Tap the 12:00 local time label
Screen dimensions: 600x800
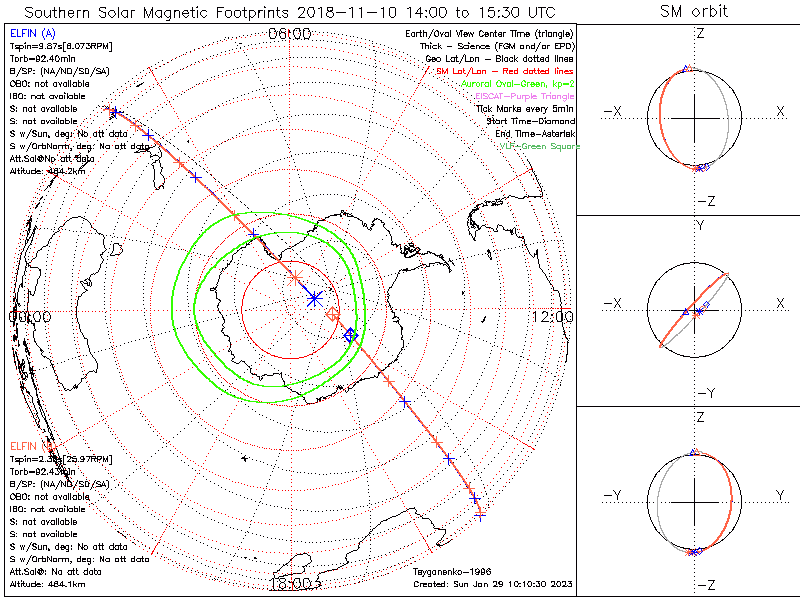tap(553, 317)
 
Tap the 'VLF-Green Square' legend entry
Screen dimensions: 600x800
tap(540, 146)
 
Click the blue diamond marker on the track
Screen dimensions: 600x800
tap(349, 336)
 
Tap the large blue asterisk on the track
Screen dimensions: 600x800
tap(315, 297)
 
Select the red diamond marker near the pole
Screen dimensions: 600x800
tap(333, 315)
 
